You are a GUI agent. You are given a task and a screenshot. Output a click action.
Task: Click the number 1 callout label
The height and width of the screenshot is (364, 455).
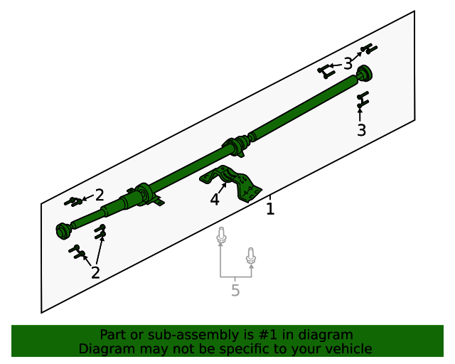coord(270,209)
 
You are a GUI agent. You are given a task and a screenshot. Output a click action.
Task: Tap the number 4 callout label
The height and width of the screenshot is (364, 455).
coord(215,200)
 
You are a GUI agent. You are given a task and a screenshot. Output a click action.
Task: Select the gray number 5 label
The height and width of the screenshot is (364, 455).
coord(235,290)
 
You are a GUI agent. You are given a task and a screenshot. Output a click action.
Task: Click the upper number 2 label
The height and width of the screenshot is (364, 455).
coord(100,195)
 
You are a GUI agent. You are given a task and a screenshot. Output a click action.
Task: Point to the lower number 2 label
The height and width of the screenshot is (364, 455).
coord(95,272)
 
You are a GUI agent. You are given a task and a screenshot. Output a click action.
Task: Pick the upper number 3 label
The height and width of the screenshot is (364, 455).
coord(348,65)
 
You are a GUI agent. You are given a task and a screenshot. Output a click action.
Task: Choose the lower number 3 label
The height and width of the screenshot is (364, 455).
coord(361,130)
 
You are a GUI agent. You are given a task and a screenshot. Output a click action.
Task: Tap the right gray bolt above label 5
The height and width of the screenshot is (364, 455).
coord(250,255)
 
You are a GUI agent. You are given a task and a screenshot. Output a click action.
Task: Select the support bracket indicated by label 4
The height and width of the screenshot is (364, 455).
coord(235,182)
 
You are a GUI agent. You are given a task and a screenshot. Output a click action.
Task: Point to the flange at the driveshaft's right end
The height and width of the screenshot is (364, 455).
coord(365,73)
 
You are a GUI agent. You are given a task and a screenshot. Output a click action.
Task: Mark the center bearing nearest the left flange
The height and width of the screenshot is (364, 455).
coord(146,194)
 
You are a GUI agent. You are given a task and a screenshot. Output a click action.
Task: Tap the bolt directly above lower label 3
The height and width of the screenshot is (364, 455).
coord(362,99)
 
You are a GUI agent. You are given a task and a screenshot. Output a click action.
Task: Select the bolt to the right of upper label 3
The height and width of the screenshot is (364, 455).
coord(369,49)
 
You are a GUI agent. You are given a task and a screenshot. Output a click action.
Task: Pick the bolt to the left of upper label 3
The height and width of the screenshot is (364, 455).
coord(326,70)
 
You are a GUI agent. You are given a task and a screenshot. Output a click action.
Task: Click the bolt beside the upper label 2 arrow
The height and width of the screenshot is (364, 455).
coord(73,202)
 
